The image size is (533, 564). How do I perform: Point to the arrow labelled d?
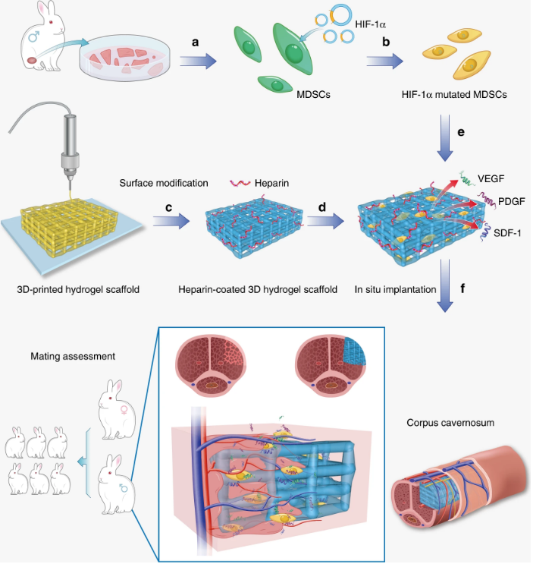click(324, 222)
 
